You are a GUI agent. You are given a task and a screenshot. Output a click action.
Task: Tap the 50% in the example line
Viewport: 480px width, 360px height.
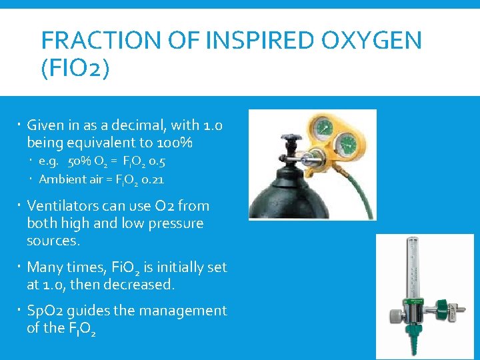(81, 161)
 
